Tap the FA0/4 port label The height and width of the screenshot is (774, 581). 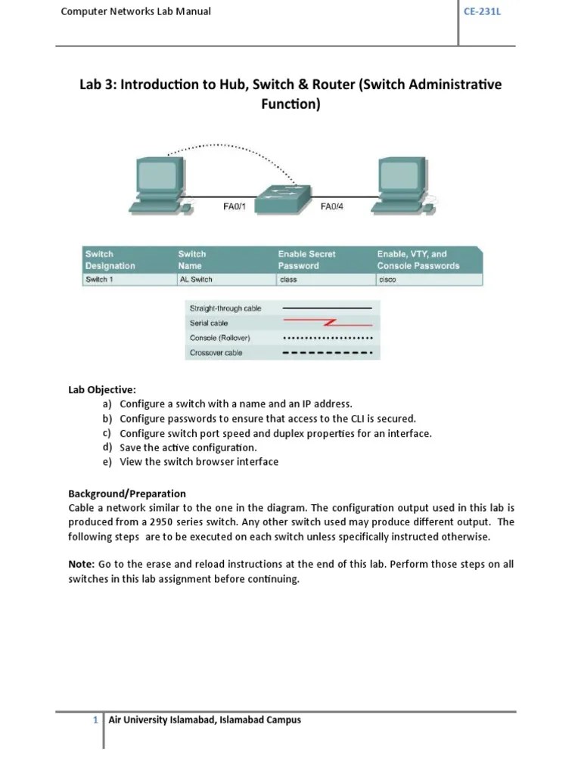(332, 205)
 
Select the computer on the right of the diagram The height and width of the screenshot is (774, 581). (402, 182)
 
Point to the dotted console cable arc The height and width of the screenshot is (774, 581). (219, 145)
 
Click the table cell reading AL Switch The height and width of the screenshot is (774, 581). (195, 280)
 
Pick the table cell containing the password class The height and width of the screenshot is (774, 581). (287, 280)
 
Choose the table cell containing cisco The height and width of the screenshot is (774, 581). (387, 280)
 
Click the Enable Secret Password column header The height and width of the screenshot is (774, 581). (306, 260)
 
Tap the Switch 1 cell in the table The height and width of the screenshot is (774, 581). (101, 280)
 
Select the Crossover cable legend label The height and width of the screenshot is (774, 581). (216, 353)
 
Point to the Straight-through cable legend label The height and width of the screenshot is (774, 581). (225, 308)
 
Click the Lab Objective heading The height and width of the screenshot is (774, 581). (102, 390)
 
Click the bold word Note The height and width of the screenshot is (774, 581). (81, 565)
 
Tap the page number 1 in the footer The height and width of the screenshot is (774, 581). (96, 720)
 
